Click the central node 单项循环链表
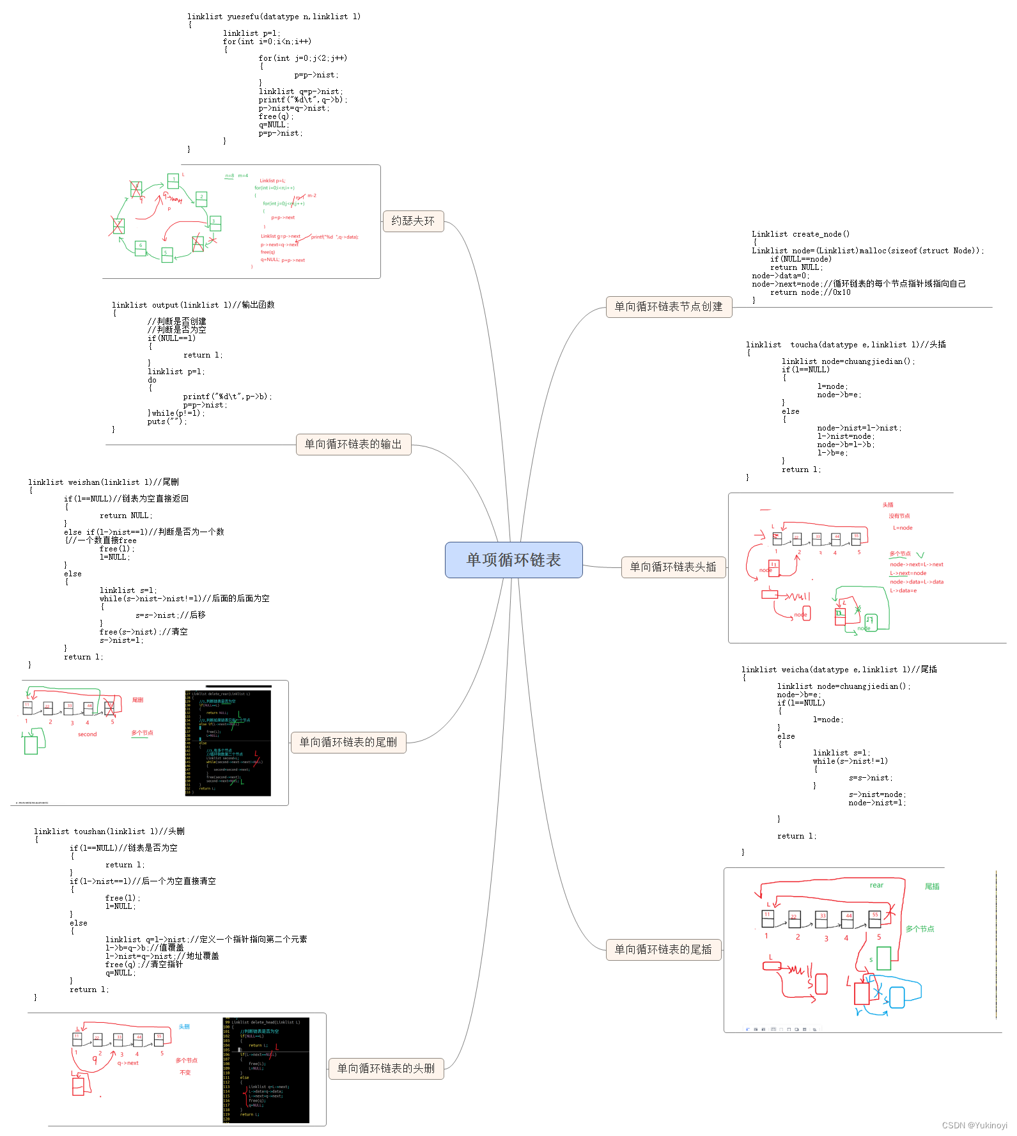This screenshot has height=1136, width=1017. point(513,560)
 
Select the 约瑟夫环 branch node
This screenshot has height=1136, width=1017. point(413,221)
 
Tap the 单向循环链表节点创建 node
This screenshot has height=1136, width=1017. point(668,306)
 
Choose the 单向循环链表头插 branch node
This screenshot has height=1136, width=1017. point(672,567)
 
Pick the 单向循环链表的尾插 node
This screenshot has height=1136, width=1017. point(663,949)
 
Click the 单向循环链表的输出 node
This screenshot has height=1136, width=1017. point(353,444)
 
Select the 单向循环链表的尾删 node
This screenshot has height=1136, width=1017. point(348,742)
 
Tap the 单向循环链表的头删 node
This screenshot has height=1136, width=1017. point(385,1068)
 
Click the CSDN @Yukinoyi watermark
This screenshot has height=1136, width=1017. point(974,1126)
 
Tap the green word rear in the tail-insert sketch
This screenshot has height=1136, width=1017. point(876,885)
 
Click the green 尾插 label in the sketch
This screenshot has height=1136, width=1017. point(932,887)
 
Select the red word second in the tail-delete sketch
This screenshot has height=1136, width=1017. point(88,734)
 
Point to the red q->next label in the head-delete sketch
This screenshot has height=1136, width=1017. point(128,1063)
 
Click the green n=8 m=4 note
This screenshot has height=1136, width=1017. point(237,176)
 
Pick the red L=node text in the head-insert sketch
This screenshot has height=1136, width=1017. point(903,528)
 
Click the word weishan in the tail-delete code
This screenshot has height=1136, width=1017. point(84,482)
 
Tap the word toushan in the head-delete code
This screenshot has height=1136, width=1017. point(89,832)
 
